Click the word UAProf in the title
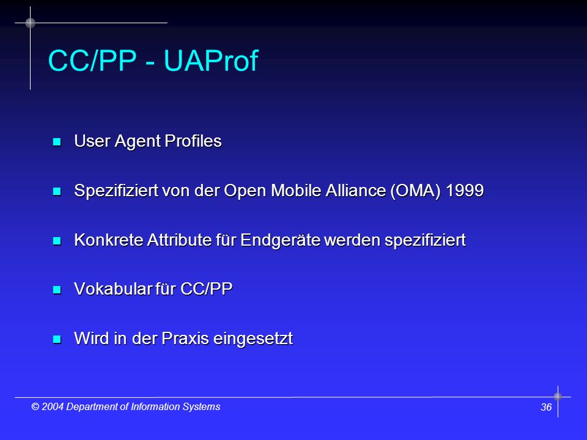point(211,61)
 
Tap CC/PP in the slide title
point(92,61)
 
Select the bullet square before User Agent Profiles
point(57,142)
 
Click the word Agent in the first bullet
point(138,141)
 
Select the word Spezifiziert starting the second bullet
point(116,191)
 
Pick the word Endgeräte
point(280,240)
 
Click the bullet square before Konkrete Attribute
point(57,241)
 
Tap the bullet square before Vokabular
point(57,290)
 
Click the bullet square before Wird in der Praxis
point(57,339)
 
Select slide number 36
point(546,407)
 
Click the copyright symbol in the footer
point(35,407)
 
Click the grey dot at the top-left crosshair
point(31,23)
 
